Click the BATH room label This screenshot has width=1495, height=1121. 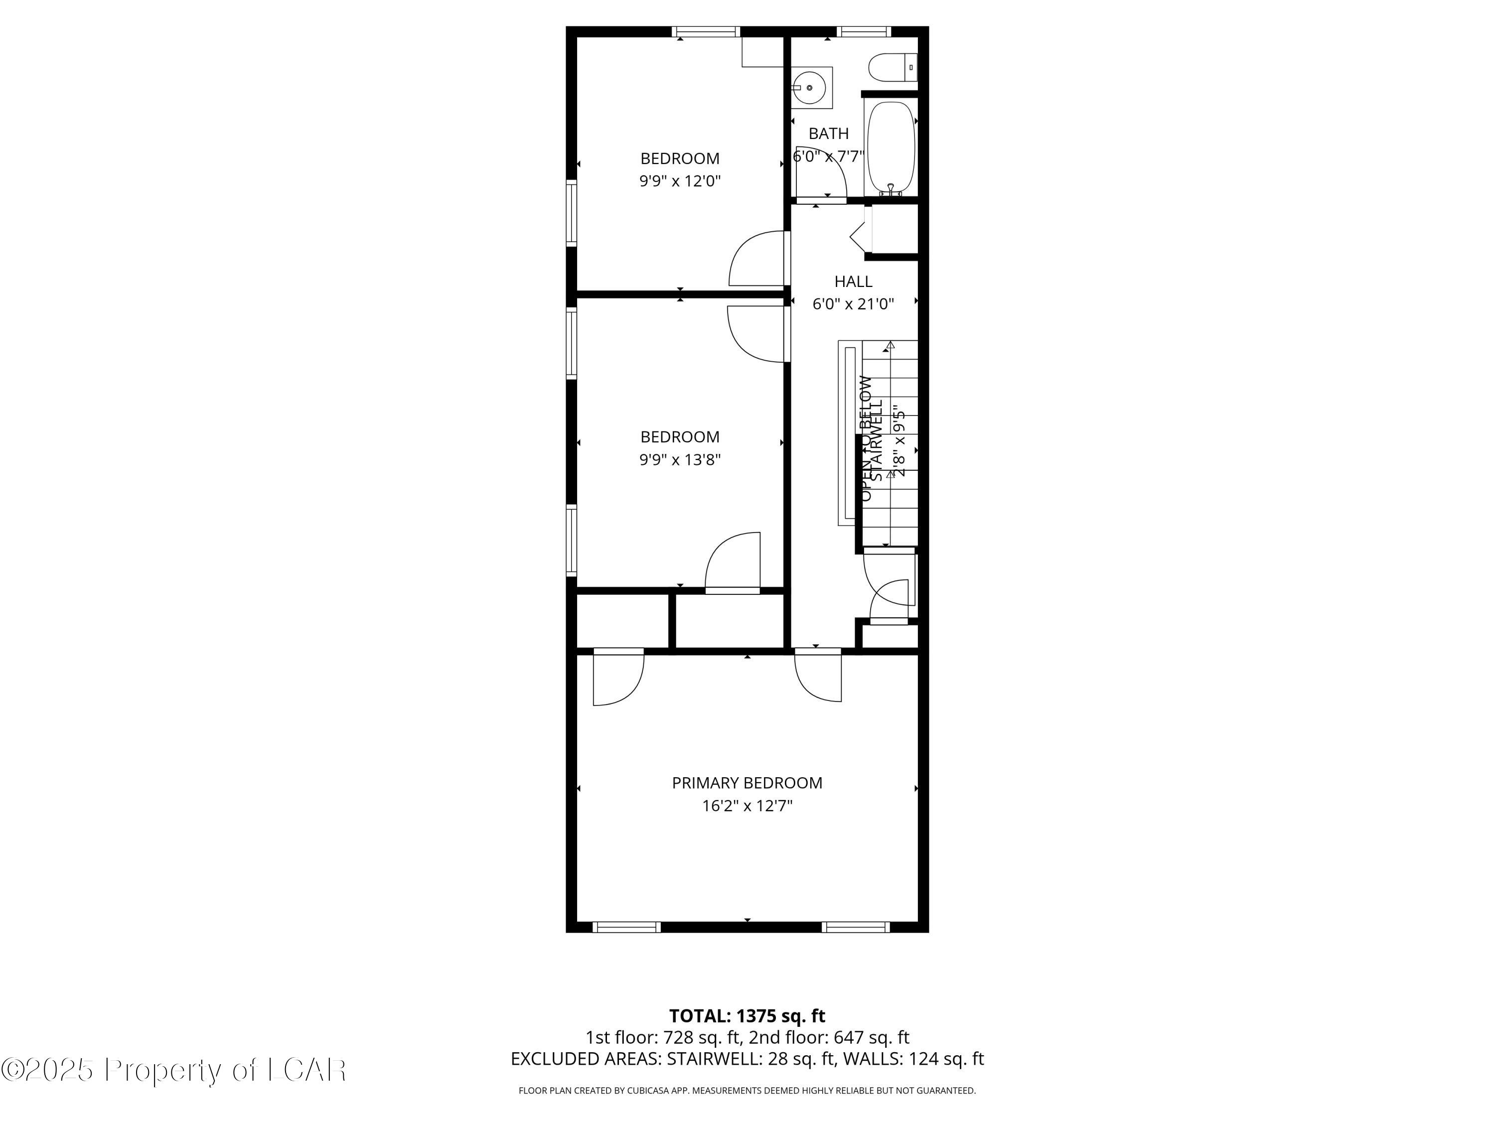click(829, 134)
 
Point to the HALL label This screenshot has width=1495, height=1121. click(853, 281)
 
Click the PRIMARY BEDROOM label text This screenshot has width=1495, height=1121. click(747, 783)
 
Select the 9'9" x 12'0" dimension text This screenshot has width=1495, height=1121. click(680, 181)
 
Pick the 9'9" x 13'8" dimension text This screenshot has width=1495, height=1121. click(680, 459)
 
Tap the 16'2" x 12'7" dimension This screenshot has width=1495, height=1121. click(747, 806)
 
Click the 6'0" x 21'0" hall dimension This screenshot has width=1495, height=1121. click(853, 304)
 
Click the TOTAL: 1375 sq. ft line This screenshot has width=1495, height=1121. click(747, 1015)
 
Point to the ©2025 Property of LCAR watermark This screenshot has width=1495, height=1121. click(174, 1070)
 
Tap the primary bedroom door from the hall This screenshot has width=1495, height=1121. click(818, 676)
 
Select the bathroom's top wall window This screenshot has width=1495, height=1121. click(864, 31)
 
